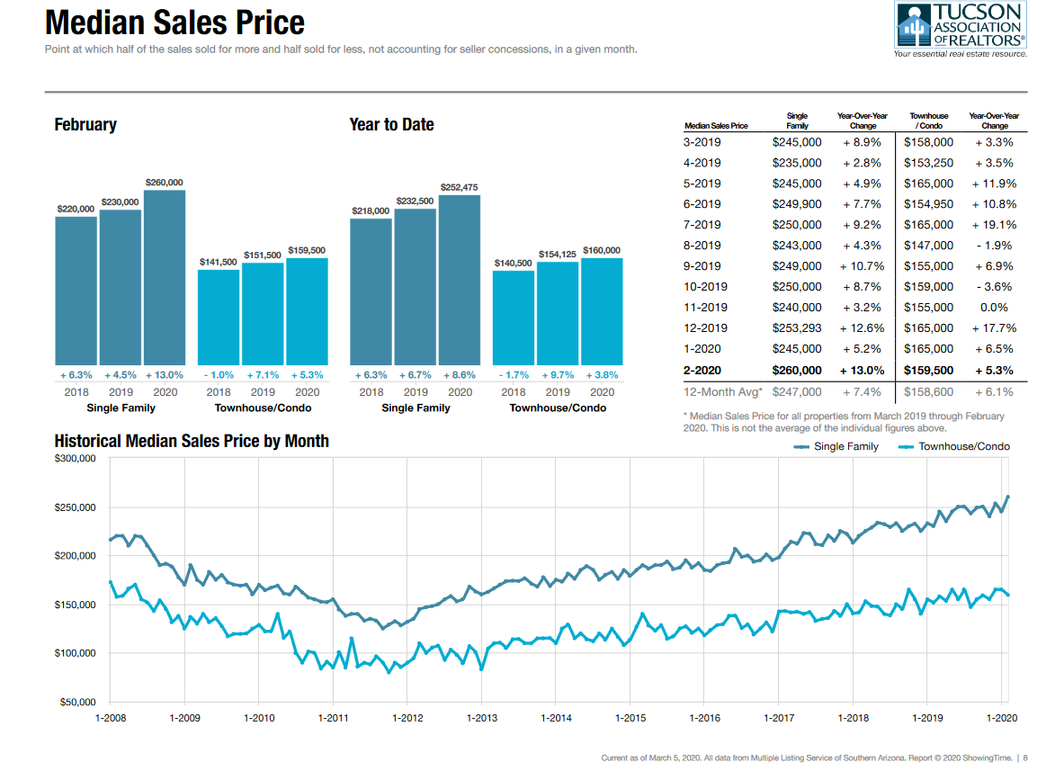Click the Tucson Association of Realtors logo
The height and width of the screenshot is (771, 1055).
pyautogui.click(x=960, y=28)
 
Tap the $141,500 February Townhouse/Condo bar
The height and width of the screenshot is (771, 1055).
pyautogui.click(x=219, y=316)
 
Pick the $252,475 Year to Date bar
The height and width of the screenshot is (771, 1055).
pyautogui.click(x=460, y=279)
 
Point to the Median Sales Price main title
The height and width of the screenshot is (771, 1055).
pyautogui.click(x=174, y=22)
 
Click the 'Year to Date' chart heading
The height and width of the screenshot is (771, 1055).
pyautogui.click(x=391, y=125)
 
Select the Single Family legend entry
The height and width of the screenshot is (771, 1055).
pyautogui.click(x=837, y=447)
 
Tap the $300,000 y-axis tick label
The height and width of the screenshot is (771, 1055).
pyautogui.click(x=76, y=459)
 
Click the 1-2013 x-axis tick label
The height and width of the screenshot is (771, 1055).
pyautogui.click(x=482, y=718)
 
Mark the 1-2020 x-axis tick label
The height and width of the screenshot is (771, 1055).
pyautogui.click(x=1003, y=718)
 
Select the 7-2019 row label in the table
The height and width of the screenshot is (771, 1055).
pyautogui.click(x=702, y=225)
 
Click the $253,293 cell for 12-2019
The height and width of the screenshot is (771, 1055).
pyautogui.click(x=797, y=328)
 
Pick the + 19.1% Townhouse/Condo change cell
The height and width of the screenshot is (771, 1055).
pyautogui.click(x=994, y=225)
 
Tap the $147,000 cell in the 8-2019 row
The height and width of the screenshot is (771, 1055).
pyautogui.click(x=929, y=246)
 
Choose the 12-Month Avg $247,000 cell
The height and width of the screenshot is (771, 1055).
pyautogui.click(x=797, y=392)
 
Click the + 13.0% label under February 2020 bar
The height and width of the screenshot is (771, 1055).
pyautogui.click(x=165, y=375)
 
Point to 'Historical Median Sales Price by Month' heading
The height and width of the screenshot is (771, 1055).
pyautogui.click(x=192, y=442)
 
